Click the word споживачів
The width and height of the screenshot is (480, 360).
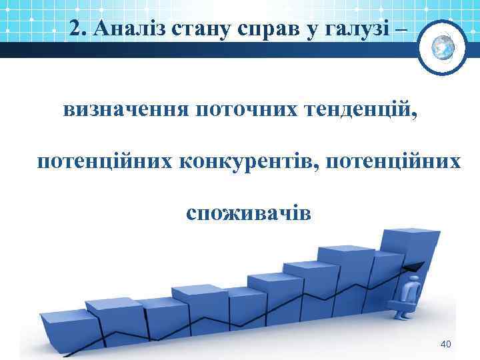point(248,213)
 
